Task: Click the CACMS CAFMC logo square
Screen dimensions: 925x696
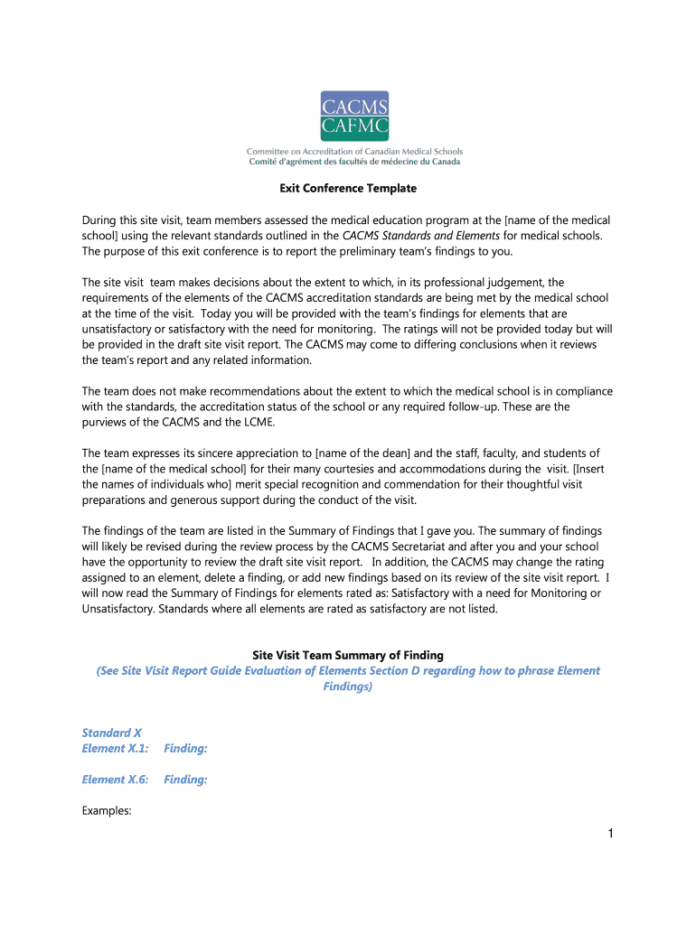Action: [x=354, y=117]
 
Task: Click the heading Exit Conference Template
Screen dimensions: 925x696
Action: [x=347, y=189]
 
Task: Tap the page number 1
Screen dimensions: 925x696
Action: [x=610, y=833]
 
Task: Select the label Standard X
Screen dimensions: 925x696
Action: [x=111, y=733]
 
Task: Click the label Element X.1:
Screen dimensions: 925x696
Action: [x=115, y=748]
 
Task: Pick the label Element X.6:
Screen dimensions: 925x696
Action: [x=115, y=780]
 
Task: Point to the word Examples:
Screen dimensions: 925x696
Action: [x=107, y=810]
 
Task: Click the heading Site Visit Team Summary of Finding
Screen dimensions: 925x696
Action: [x=347, y=655]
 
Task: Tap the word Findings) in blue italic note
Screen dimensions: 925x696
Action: [x=347, y=687]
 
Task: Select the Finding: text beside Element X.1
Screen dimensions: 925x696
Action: [x=185, y=748]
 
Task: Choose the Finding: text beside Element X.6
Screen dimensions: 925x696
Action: [x=185, y=780]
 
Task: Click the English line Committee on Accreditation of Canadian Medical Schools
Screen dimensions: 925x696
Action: [x=354, y=152]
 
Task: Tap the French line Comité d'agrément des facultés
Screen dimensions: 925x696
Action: [x=354, y=163]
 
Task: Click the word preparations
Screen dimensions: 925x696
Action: [x=117, y=500]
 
